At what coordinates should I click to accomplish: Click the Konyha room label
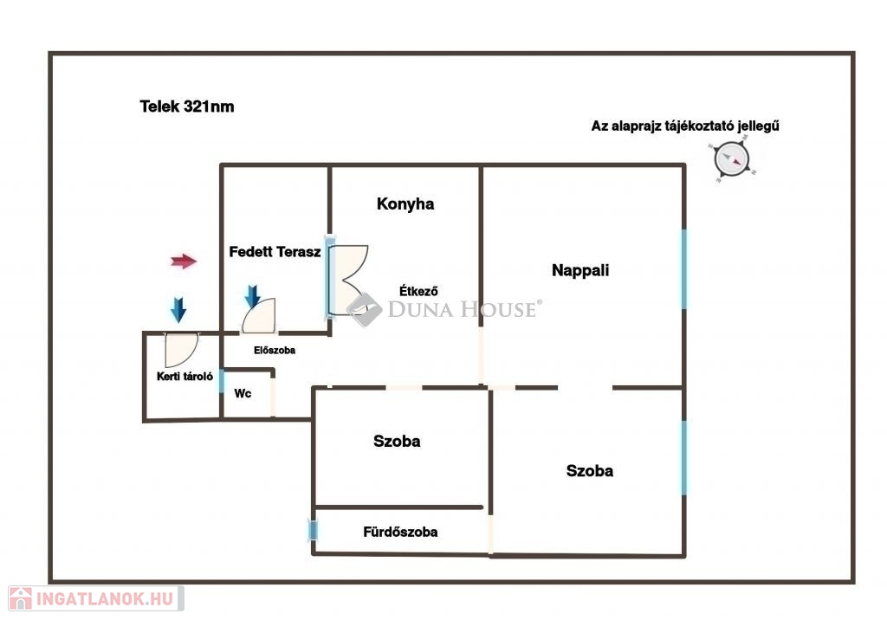click(x=405, y=204)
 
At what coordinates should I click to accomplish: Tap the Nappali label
click(x=580, y=270)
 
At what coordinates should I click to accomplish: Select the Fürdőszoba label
click(x=400, y=532)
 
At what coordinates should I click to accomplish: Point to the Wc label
click(x=243, y=393)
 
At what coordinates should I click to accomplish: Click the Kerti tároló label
click(x=185, y=376)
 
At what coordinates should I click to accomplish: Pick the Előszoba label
click(x=275, y=350)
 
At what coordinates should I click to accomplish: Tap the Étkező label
click(x=418, y=291)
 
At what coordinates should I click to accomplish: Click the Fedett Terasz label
click(x=275, y=252)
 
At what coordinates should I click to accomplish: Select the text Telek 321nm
click(x=187, y=107)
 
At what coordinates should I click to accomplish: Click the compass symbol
click(x=732, y=159)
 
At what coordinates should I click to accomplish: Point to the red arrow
click(x=184, y=262)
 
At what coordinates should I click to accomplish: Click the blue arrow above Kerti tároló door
click(x=178, y=310)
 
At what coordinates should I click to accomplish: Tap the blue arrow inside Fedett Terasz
click(x=253, y=297)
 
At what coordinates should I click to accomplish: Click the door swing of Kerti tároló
click(x=182, y=350)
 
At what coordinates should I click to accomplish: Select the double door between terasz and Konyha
click(x=347, y=280)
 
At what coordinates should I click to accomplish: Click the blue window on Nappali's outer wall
click(x=684, y=269)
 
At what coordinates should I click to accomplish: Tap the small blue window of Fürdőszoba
click(x=312, y=531)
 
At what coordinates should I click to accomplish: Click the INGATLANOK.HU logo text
click(x=105, y=599)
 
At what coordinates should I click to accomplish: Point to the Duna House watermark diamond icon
click(x=365, y=309)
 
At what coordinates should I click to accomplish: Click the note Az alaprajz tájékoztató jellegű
click(x=685, y=126)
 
